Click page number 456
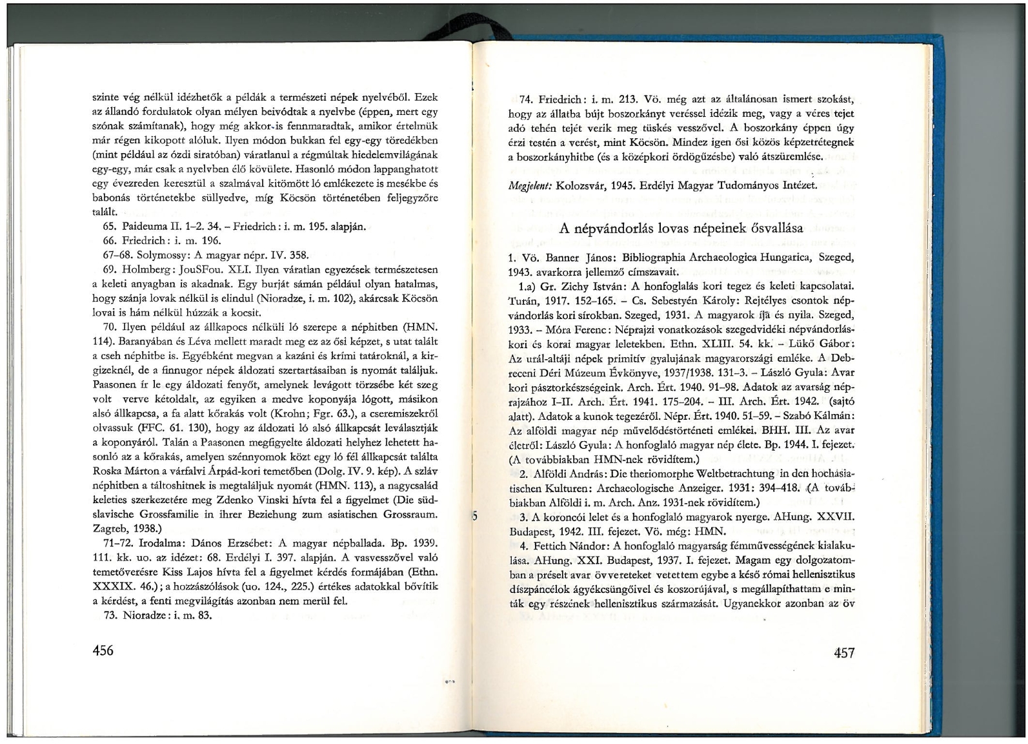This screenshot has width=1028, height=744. pyautogui.click(x=101, y=650)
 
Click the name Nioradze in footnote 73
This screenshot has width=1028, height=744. pyautogui.click(x=141, y=615)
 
